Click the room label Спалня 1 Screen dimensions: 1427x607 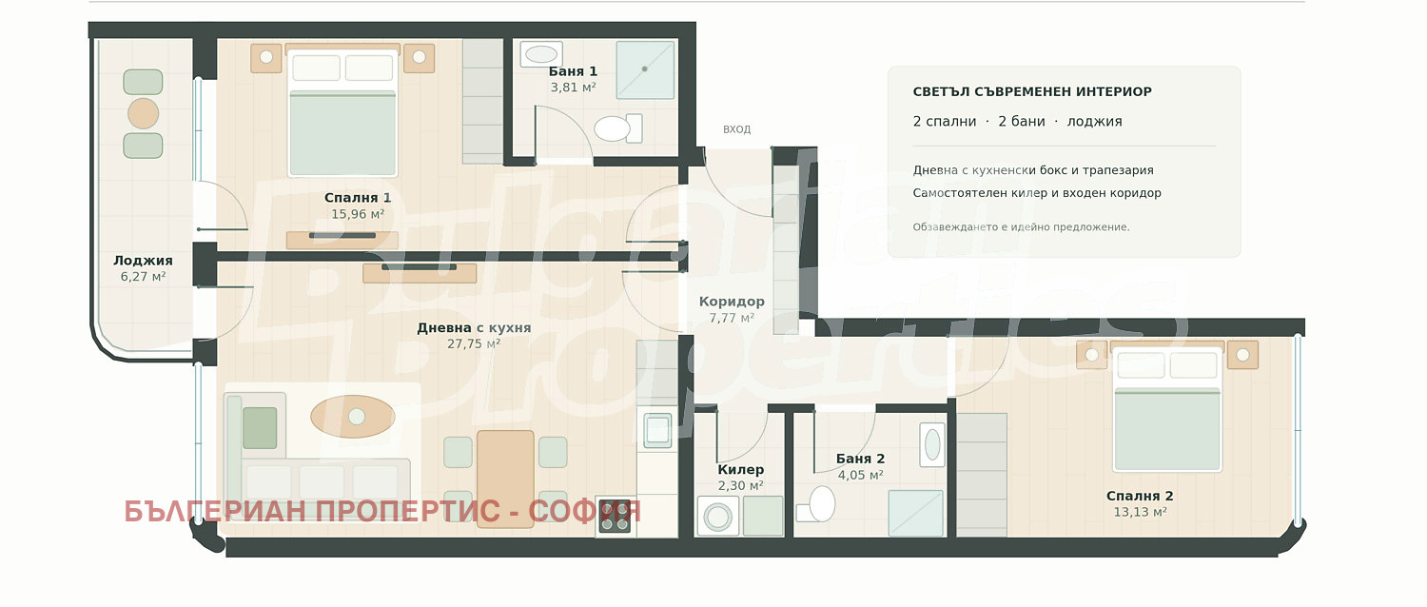pos(358,198)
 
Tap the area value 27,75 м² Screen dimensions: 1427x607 pos(474,344)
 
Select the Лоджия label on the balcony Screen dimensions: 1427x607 pos(143,261)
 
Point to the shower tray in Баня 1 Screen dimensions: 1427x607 pos(645,70)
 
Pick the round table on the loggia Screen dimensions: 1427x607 pos(143,114)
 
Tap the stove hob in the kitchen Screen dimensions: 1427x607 pos(615,516)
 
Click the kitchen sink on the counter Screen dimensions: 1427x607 pos(657,430)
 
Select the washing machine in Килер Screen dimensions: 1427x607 pos(718,516)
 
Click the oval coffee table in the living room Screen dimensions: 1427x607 pos(352,417)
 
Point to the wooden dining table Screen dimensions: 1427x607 pos(505,479)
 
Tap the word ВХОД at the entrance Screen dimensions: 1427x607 pos(736,129)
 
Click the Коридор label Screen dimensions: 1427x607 pos(732,302)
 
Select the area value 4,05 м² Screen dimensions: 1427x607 pos(860,475)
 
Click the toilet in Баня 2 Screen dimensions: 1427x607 pos(816,505)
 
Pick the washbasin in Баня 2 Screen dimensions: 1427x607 pos(932,444)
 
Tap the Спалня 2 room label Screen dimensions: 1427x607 pos(1140,497)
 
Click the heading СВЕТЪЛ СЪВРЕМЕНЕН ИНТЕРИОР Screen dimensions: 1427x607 pos(1032,91)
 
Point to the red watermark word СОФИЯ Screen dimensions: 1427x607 pos(584,512)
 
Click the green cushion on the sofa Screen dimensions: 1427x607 pos(260,428)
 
